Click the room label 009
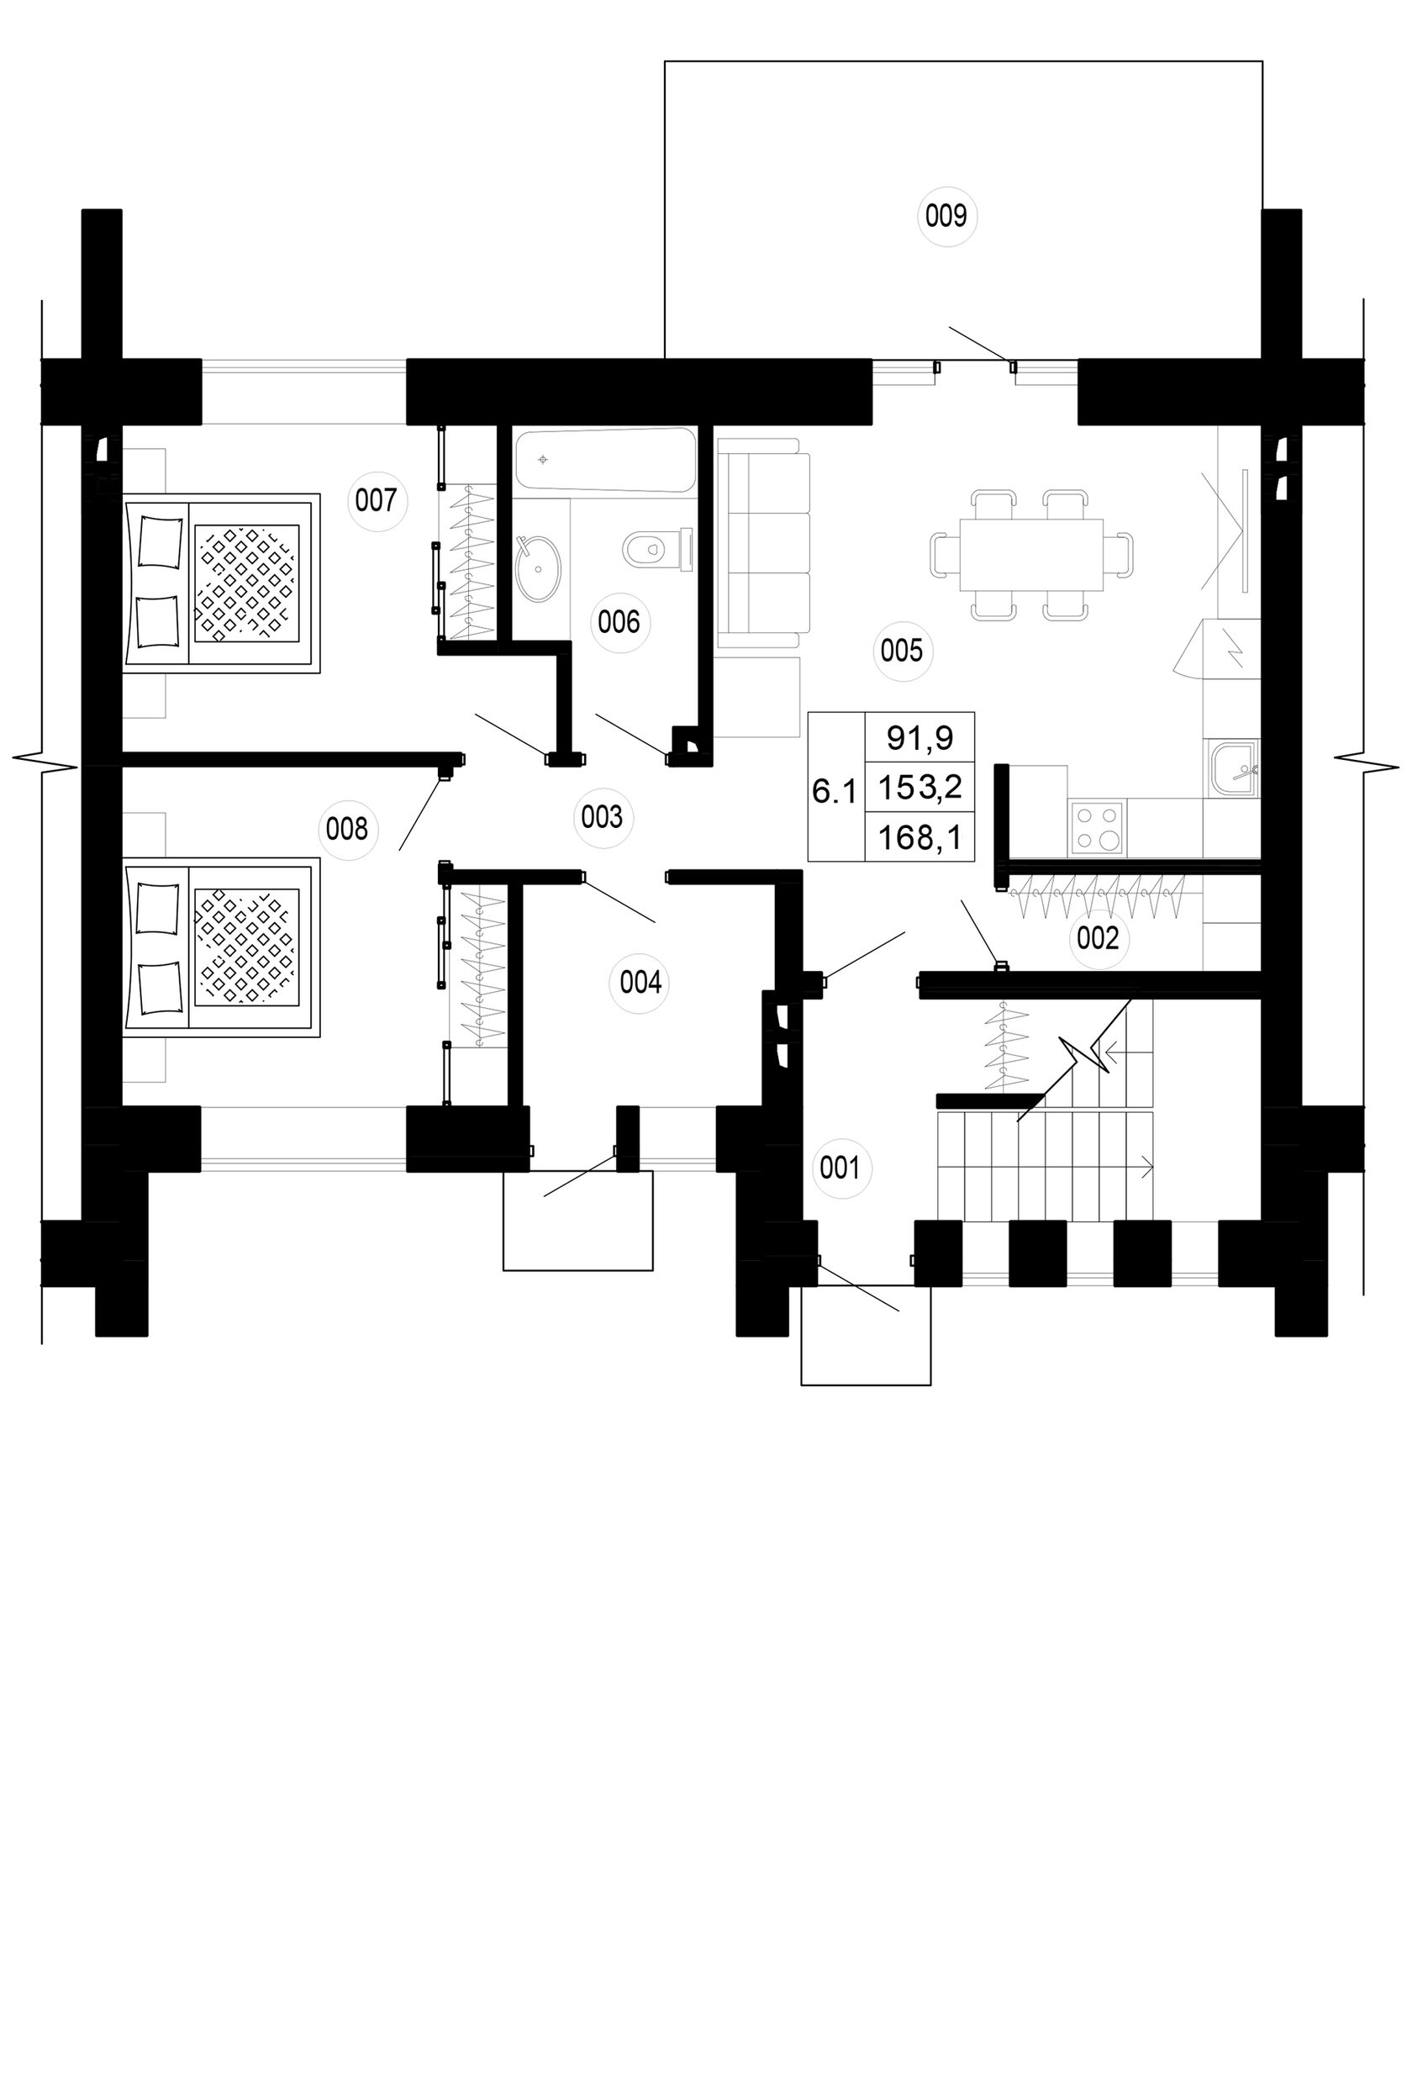(946, 215)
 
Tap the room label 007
(376, 499)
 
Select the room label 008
(347, 830)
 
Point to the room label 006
(619, 622)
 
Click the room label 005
(901, 651)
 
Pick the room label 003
(602, 816)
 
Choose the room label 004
(640, 983)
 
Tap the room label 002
(1097, 938)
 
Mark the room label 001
(840, 1168)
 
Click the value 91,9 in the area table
(919, 738)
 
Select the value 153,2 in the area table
(919, 788)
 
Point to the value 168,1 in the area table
(919, 837)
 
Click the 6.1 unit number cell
(834, 791)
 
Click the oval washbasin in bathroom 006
(539, 568)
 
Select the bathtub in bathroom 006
(605, 461)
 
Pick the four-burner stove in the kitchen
(1097, 828)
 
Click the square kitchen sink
(1235, 769)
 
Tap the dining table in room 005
(1031, 555)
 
